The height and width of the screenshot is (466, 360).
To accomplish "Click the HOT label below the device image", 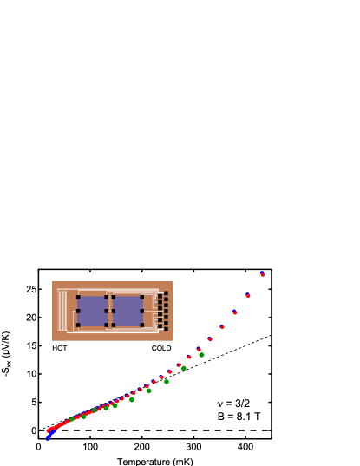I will [x=60, y=348].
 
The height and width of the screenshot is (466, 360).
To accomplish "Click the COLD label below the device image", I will [x=161, y=348].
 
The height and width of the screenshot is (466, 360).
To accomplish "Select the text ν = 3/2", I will [x=234, y=404].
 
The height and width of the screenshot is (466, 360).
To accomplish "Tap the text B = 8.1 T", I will [x=239, y=417].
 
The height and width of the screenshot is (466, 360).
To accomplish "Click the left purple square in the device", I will [x=92, y=311].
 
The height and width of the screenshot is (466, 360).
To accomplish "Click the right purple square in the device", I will [x=128, y=311].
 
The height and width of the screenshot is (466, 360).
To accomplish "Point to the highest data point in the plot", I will [x=262, y=274].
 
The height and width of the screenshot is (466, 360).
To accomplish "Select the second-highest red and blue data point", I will [x=248, y=295].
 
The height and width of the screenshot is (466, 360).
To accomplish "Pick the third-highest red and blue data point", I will [x=235, y=312].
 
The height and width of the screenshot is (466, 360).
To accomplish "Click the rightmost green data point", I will [x=201, y=354].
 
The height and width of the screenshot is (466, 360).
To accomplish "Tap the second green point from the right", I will [x=184, y=368].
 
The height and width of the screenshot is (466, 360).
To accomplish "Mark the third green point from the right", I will [x=167, y=381].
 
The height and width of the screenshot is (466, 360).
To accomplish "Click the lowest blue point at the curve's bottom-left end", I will [x=48, y=437].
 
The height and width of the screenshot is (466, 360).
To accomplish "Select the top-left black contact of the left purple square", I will [x=78, y=297].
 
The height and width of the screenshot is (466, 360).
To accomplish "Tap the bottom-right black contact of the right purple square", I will [x=142, y=325].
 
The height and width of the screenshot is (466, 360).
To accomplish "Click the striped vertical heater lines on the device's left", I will [x=62, y=311].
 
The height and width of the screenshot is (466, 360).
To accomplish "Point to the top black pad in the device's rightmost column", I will [x=166, y=293].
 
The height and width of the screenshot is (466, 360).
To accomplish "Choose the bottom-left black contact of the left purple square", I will [x=78, y=325].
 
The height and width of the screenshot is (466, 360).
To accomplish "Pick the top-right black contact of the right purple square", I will [x=142, y=297].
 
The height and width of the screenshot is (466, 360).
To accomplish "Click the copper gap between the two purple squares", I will [x=110, y=311].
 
